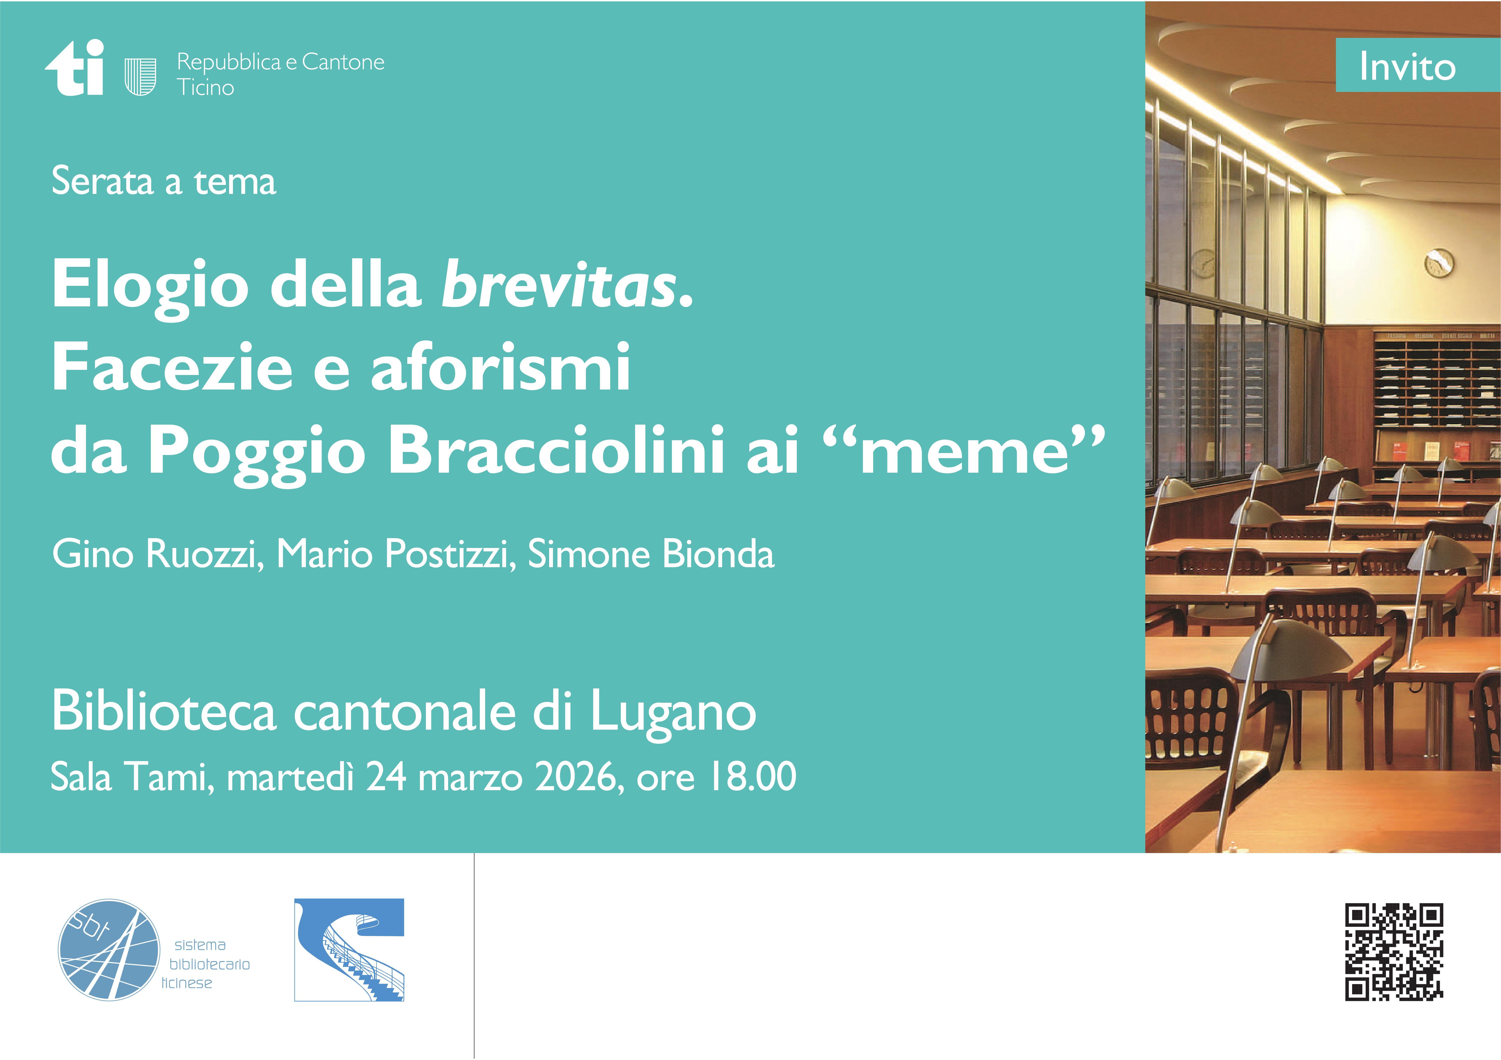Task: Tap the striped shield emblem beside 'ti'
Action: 140,77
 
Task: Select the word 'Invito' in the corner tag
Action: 1408,67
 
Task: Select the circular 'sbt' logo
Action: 108,949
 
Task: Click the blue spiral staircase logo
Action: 349,949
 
